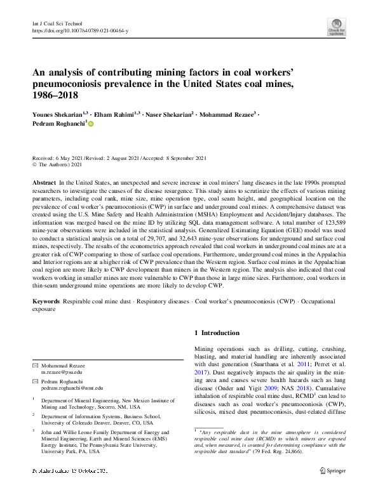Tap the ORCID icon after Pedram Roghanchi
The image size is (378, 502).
(x=90, y=125)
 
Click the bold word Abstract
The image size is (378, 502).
(x=44, y=182)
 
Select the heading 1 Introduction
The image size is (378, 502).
(x=217, y=333)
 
